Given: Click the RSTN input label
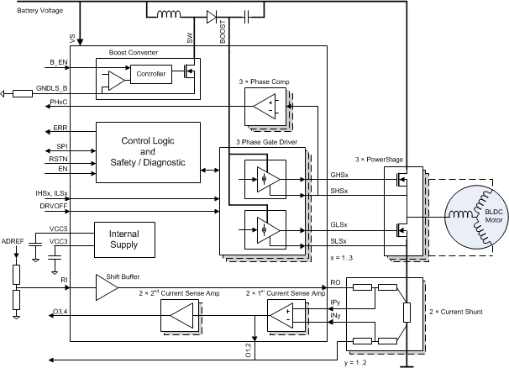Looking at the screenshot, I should coord(58,158).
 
